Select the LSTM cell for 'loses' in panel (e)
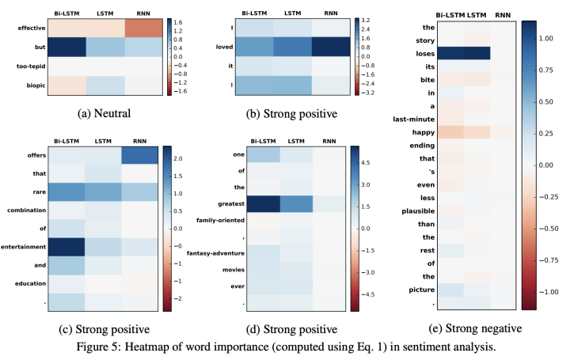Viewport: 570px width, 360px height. pos(475,53)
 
